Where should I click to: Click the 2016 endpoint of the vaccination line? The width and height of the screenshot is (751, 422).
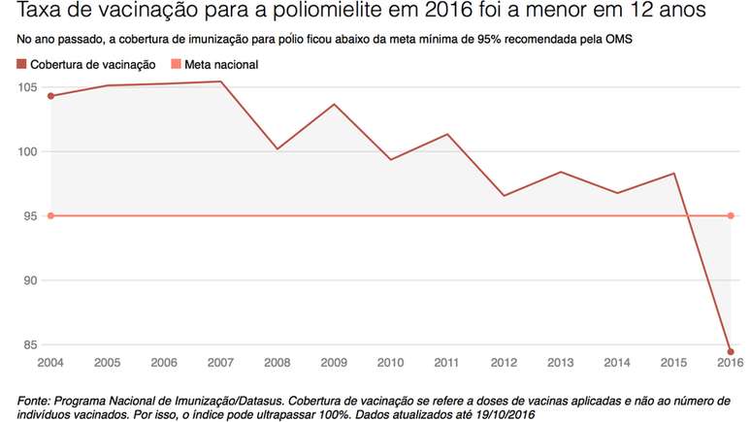730,351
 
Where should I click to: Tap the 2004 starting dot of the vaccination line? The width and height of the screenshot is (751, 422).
49,96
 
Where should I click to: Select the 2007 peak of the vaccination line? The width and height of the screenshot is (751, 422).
220,81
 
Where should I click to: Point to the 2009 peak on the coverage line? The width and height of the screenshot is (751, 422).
334,104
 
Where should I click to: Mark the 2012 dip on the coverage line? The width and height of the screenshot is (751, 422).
504,196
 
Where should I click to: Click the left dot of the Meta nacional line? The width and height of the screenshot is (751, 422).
49,215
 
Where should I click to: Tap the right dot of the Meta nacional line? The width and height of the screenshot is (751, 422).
730,215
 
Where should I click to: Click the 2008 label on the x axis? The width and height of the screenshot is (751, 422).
277,363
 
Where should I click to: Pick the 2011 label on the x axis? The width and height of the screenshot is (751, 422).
446,363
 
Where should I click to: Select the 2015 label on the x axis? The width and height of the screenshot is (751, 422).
673,363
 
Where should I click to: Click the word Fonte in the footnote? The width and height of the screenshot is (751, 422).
36,399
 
